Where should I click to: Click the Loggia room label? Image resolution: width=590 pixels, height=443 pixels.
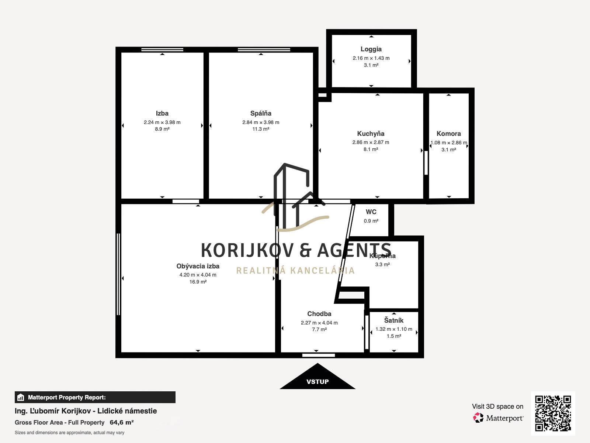pos(371,49)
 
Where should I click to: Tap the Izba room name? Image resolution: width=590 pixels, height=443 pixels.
pos(162,113)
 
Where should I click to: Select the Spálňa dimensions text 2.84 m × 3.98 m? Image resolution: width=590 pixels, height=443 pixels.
pos(261,123)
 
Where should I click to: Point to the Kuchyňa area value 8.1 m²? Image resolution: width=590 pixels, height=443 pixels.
pos(371,149)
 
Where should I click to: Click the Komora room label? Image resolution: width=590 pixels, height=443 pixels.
pos(449,134)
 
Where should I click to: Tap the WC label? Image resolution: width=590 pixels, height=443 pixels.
pos(371,212)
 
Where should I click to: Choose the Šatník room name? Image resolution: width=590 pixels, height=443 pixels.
pos(394,320)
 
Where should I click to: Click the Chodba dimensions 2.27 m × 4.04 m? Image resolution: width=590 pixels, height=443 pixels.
pos(319,323)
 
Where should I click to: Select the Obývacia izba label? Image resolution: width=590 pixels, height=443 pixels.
pos(198,266)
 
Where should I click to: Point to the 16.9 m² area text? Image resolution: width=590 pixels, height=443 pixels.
pos(198,282)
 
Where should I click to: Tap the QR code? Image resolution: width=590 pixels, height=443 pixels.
pos(553,413)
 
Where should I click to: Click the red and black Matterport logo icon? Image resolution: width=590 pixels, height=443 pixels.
pos(478,418)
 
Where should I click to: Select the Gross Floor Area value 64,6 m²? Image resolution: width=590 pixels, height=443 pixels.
pos(121,422)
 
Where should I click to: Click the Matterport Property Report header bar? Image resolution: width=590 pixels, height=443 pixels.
pos(95,397)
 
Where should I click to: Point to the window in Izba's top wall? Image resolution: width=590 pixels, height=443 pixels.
pos(162,50)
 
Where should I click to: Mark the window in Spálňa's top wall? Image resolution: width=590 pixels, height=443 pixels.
pos(264,50)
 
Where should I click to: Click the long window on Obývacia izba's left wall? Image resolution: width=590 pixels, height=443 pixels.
pos(118,274)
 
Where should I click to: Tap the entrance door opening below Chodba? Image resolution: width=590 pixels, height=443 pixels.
pos(319,355)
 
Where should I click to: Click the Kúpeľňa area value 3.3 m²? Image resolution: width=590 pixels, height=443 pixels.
pos(382,264)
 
